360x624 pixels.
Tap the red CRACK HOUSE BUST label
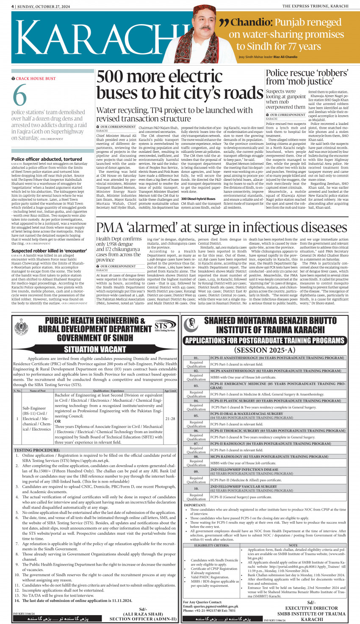[36, 78]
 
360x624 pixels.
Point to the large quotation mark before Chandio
[224, 23]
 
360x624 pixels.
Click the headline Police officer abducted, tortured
[47, 159]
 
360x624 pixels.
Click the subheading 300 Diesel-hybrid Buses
[198, 199]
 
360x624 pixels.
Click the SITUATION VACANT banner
[95, 349]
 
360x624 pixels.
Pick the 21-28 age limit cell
[170, 418]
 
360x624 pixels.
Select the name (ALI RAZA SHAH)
[143, 613]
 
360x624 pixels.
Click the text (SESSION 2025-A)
[265, 350]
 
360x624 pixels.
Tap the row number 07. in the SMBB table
[196, 444]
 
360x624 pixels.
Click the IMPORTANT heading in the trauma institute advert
[195, 505]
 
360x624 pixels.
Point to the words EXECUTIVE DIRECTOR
[311, 608]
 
